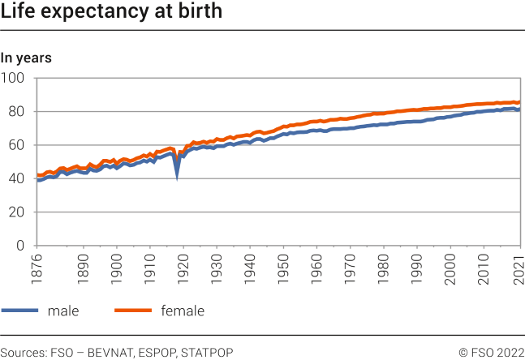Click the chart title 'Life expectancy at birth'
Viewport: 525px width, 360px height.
tap(111, 14)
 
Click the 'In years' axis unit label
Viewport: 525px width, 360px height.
tap(26, 58)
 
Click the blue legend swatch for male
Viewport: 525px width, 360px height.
tap(19, 311)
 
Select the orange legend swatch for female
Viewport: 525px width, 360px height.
tap(133, 311)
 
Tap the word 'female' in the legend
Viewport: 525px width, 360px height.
tap(183, 311)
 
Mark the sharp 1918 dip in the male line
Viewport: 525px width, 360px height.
tap(177, 174)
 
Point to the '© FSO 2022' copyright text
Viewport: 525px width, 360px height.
tap(491, 352)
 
